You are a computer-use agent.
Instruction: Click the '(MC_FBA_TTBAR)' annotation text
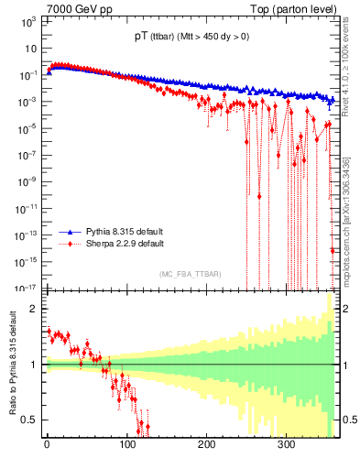(190, 275)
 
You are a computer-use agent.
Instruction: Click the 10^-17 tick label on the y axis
(27, 288)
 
